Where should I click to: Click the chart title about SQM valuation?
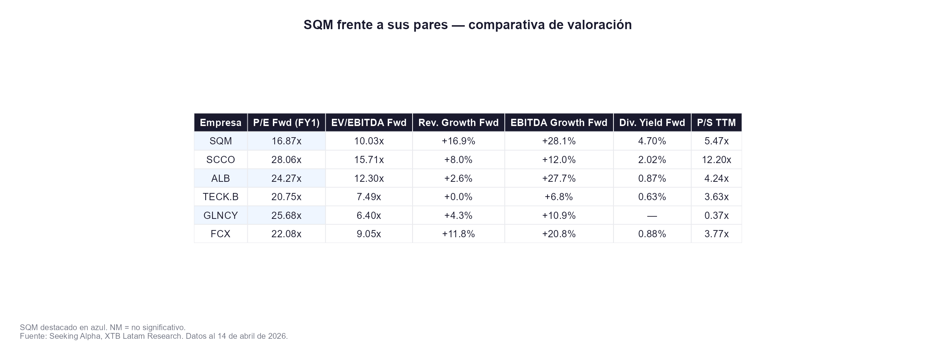(468, 25)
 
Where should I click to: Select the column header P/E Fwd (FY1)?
(286, 123)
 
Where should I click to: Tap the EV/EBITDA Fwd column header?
(369, 123)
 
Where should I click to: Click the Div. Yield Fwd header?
(652, 123)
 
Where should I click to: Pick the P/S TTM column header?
(716, 123)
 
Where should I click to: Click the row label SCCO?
(221, 160)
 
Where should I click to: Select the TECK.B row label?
(221, 197)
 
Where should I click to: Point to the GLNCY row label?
(221, 216)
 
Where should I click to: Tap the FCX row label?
(221, 234)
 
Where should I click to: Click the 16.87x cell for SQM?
(286, 141)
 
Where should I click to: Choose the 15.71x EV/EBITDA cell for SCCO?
(369, 160)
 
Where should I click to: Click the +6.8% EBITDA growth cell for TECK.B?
(558, 197)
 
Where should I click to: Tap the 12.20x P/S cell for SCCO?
(716, 160)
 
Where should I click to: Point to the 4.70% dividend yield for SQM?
(652, 141)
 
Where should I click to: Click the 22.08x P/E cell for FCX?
(286, 234)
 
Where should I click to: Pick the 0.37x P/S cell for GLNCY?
(716, 216)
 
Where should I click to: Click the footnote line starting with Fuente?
(154, 336)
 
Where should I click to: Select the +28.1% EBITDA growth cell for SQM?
(558, 141)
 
